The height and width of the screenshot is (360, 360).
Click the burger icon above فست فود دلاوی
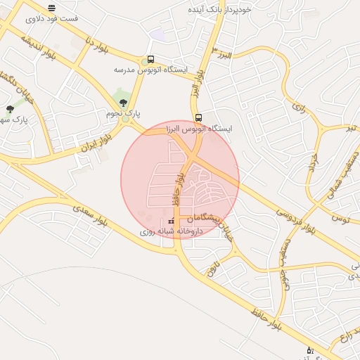coord(51,8)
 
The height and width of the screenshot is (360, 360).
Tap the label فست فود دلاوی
coord(51,18)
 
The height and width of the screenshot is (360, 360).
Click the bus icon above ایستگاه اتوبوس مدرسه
coord(150,60)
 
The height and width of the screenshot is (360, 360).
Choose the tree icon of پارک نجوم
coord(124,103)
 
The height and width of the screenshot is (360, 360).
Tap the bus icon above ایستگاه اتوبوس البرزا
coord(198,118)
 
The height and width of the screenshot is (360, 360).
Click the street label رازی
coord(299,109)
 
